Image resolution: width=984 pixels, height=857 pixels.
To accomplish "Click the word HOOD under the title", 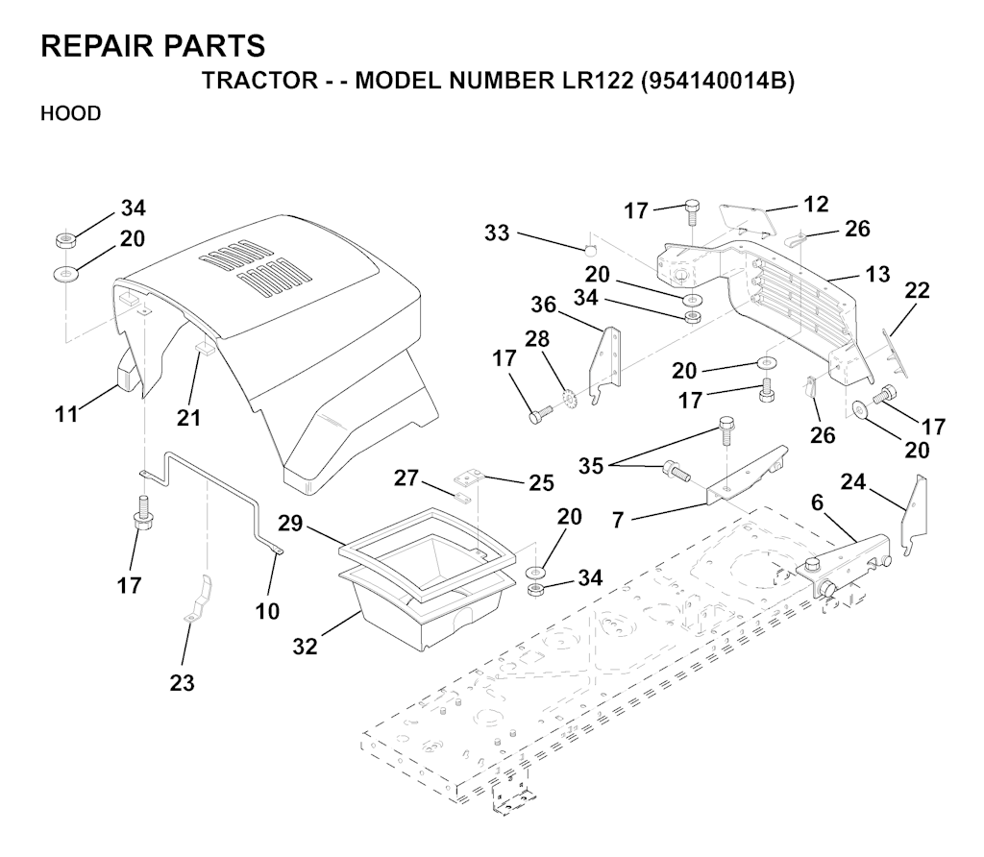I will pyautogui.click(x=70, y=113).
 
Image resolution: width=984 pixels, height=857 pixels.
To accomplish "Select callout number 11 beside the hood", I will pyautogui.click(x=65, y=414).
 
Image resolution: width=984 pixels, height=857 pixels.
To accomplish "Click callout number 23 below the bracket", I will pyautogui.click(x=182, y=683).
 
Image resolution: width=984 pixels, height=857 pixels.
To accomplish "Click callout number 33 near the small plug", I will pyautogui.click(x=497, y=233).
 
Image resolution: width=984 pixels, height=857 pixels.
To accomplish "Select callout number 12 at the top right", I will pyautogui.click(x=816, y=204).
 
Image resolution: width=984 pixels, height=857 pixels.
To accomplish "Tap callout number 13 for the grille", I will pyautogui.click(x=876, y=275).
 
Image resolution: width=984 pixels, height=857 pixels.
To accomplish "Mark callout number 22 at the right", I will pyautogui.click(x=917, y=290).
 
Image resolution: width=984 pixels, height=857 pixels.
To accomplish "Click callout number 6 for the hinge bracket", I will pyautogui.click(x=818, y=502).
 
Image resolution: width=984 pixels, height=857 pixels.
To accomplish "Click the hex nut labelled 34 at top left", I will pyautogui.click(x=67, y=237).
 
